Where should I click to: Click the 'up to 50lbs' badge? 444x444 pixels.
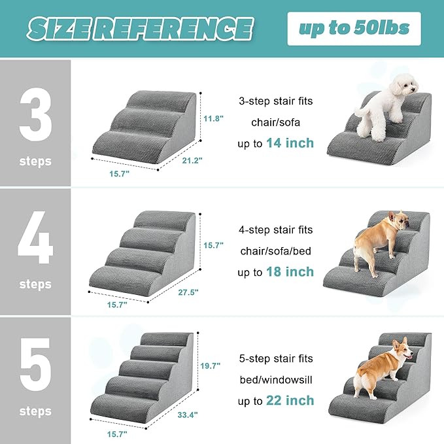(x=354, y=28)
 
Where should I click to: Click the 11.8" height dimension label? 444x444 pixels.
(x=213, y=119)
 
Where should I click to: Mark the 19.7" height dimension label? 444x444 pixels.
(x=211, y=366)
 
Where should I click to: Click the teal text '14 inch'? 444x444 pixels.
(x=290, y=143)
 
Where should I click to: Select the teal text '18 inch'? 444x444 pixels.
(x=290, y=271)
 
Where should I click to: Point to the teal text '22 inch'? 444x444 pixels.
(x=290, y=400)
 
